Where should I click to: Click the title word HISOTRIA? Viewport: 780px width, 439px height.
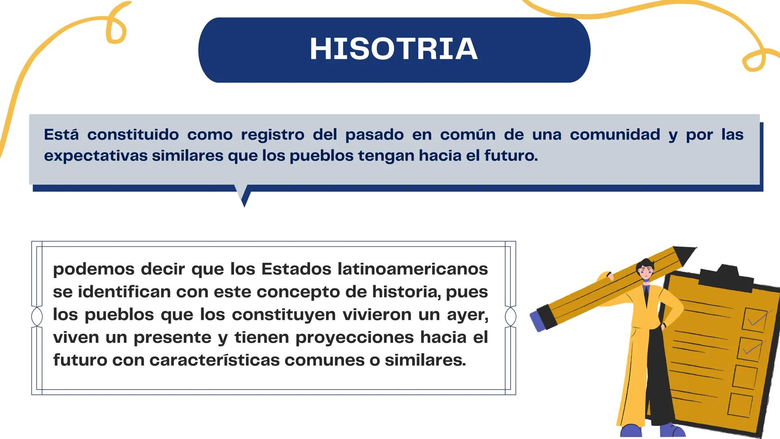point(393,49)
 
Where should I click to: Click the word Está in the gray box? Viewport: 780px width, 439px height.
point(61,135)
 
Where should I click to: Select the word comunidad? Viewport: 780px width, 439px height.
point(615,135)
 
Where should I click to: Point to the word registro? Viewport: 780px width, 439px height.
point(272,135)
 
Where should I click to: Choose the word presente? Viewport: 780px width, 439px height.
point(172,337)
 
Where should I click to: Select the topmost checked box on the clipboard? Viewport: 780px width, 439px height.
point(755,319)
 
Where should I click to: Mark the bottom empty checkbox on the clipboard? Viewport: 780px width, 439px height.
point(740,404)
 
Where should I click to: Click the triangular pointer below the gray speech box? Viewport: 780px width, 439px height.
point(243,196)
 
